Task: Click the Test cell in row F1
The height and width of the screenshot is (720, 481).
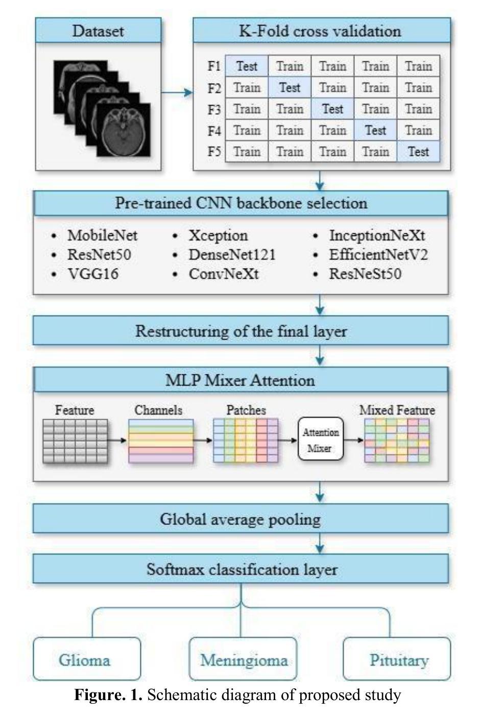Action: tap(247, 66)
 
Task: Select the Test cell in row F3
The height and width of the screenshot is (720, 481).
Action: tap(332, 109)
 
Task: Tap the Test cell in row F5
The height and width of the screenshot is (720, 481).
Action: tap(418, 151)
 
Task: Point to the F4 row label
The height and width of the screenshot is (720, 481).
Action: tap(214, 131)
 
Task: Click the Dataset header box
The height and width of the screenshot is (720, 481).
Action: tap(99, 31)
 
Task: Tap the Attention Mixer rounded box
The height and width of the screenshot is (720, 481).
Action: tap(321, 439)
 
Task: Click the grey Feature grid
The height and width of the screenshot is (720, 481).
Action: tap(75, 441)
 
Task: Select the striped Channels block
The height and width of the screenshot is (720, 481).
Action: tap(161, 441)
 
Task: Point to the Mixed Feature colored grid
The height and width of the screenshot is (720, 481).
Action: tap(397, 440)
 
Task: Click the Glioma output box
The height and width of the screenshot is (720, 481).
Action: tap(87, 659)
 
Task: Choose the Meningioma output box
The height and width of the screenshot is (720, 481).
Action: tap(243, 659)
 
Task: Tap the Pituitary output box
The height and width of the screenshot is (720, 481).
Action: tap(397, 659)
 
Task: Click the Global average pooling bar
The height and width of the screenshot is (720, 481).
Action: tap(240, 518)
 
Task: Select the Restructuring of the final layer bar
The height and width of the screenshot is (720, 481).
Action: tap(240, 331)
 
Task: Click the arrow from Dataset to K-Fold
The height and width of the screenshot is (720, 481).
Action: tap(177, 92)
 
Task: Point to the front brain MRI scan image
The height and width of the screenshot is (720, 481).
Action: tap(124, 130)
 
